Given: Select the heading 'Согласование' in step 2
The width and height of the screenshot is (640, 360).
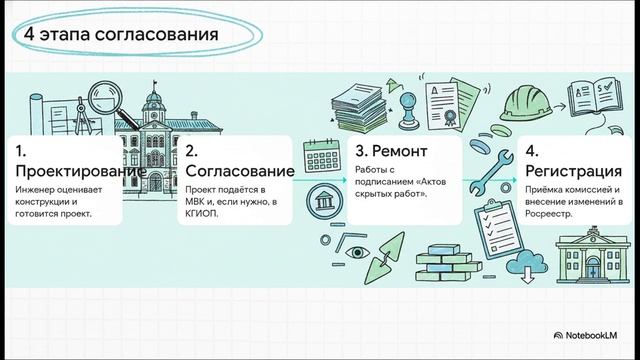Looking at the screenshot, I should [x=239, y=172].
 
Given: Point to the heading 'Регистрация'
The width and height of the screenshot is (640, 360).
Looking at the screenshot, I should [x=580, y=172].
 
